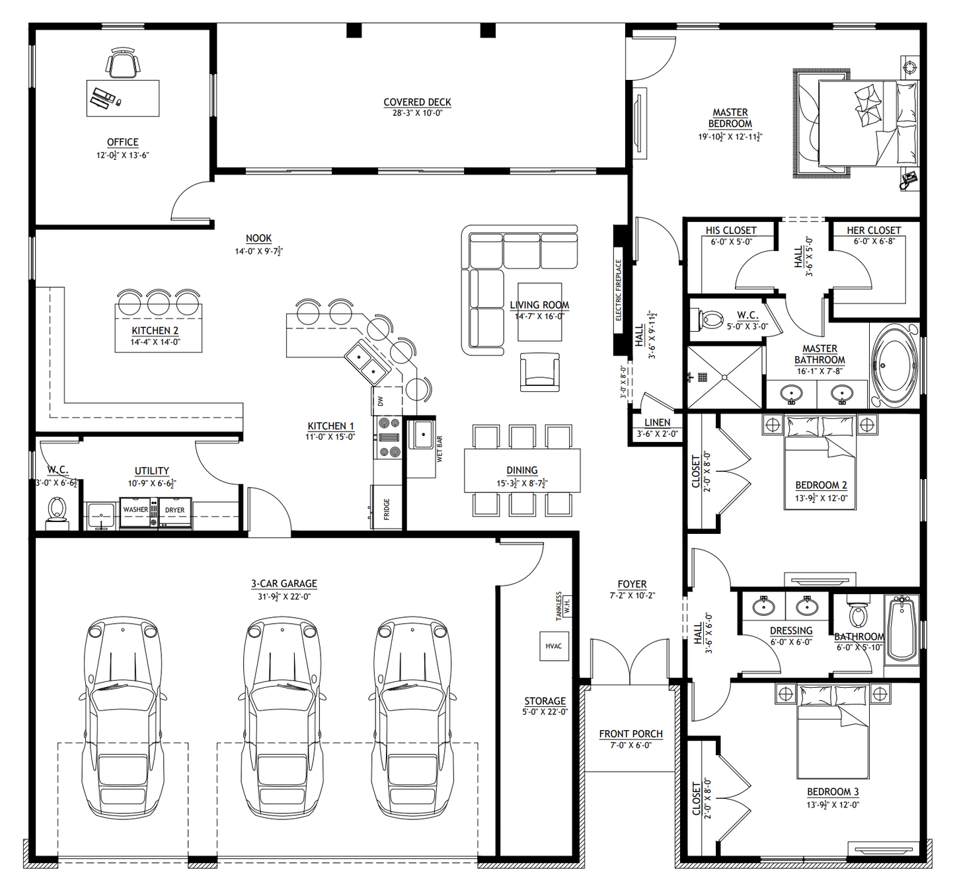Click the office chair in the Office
coord(123,63)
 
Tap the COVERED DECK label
coord(417,102)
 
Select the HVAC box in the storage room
coord(553,646)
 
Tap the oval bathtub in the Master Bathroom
coord(895,365)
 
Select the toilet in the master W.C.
coord(708,320)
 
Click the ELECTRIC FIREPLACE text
coord(619,290)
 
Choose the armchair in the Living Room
coord(539,372)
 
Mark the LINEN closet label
coord(657,423)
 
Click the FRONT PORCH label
coord(630,734)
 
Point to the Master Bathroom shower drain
coord(725,377)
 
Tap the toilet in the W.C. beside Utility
coord(57,510)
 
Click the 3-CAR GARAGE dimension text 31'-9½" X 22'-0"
coord(284,597)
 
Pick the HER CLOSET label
coord(874,231)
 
